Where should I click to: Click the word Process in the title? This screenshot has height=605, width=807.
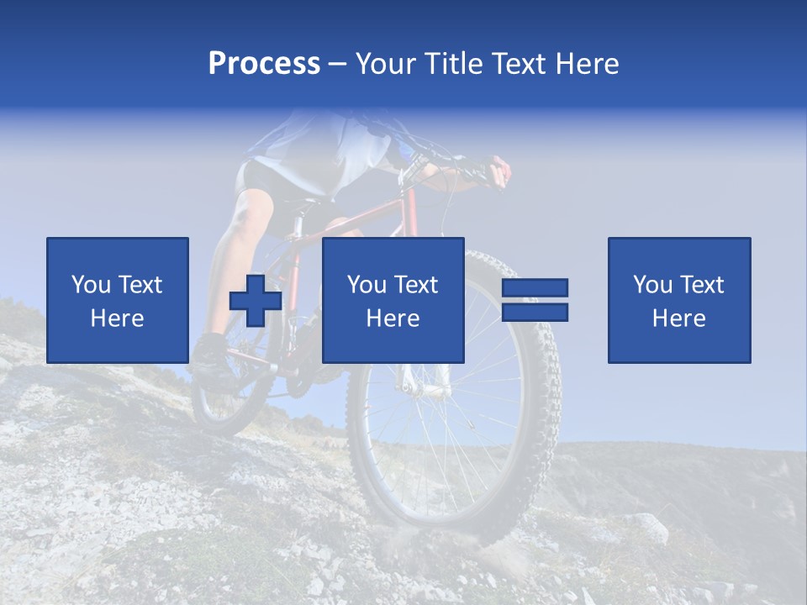click(264, 64)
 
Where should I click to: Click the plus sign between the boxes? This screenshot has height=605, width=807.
click(256, 302)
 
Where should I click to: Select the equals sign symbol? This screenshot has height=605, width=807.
click(535, 300)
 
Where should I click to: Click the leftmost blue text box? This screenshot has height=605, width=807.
click(118, 300)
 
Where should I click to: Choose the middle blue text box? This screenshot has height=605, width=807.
click(393, 300)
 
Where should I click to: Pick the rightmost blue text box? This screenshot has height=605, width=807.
click(679, 300)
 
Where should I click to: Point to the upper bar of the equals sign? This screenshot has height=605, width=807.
click(535, 288)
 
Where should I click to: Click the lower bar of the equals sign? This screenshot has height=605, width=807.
click(535, 312)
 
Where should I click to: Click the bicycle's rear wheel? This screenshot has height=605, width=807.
click(220, 403)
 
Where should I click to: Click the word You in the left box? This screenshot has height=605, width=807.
click(90, 285)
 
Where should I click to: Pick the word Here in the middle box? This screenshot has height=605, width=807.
click(393, 318)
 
